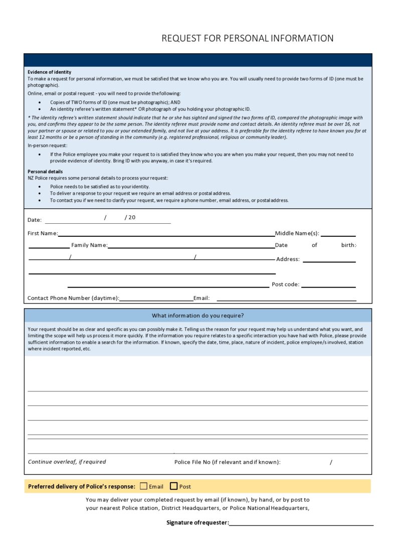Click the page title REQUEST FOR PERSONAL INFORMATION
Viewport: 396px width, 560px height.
tap(247, 38)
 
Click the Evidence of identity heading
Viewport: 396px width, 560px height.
tap(49, 72)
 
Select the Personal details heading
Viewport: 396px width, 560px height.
tap(45, 172)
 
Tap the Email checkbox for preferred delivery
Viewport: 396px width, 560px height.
tap(144, 486)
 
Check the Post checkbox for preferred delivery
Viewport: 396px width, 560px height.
tap(174, 486)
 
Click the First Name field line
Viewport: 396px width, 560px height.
tap(166, 235)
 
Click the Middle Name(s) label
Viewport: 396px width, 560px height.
tap(297, 233)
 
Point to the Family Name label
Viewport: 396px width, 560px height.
tap(89, 245)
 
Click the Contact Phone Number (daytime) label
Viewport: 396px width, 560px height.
tap(73, 298)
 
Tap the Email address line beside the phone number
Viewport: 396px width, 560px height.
tap(286, 300)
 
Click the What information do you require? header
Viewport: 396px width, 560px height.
tap(198, 316)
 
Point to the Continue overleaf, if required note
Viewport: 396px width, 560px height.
tap(67, 462)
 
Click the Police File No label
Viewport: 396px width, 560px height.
tap(227, 462)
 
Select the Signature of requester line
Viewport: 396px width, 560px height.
tap(301, 525)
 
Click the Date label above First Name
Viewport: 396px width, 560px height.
tap(35, 220)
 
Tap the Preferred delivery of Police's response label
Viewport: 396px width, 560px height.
tap(82, 486)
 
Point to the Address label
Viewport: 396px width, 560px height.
tap(288, 259)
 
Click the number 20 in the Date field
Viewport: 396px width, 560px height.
tap(132, 217)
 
